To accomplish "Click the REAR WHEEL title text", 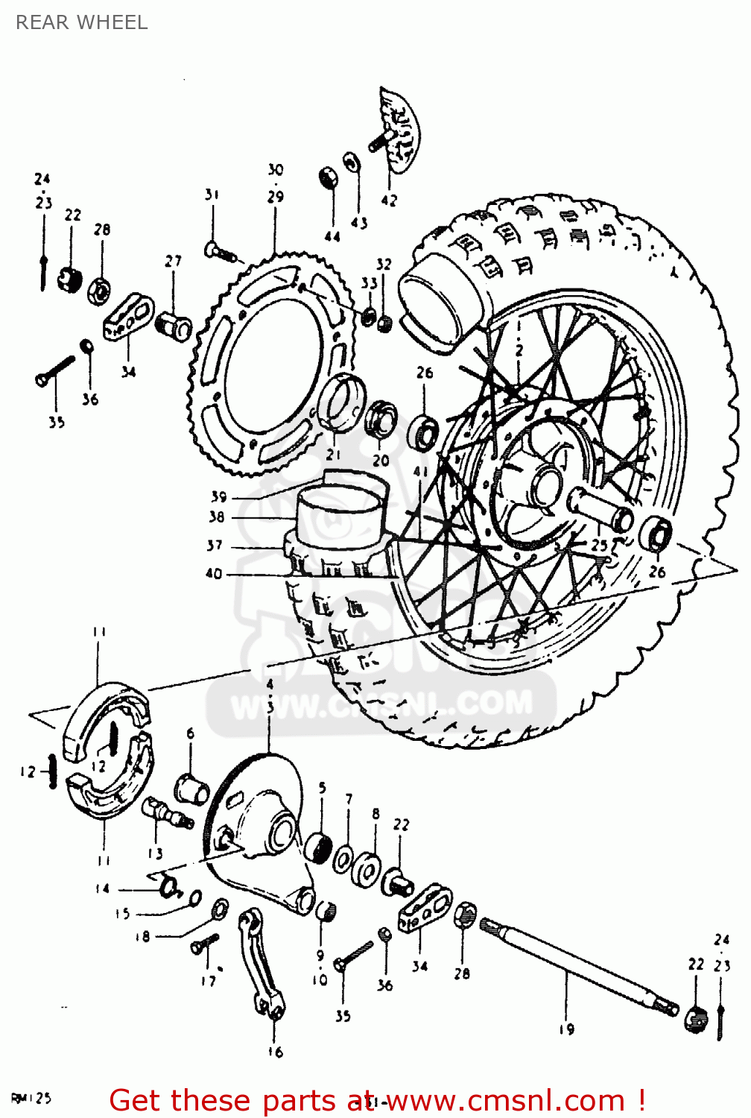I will [81, 22].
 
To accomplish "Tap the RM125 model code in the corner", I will [31, 1098].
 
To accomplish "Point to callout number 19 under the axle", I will [566, 1029].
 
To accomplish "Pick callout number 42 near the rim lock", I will [389, 200].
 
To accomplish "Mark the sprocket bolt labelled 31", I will [220, 252].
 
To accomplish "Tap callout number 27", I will [173, 261].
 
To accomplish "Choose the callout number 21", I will [333, 454].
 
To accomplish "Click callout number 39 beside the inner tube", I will [218, 496].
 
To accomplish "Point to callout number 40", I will [214, 573].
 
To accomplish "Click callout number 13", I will [155, 853].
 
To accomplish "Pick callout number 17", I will [208, 981].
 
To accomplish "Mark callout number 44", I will [332, 236].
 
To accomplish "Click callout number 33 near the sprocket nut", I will [369, 283].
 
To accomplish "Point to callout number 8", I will [375, 814].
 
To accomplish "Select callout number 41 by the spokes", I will [421, 472].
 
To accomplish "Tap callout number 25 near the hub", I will [599, 546].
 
